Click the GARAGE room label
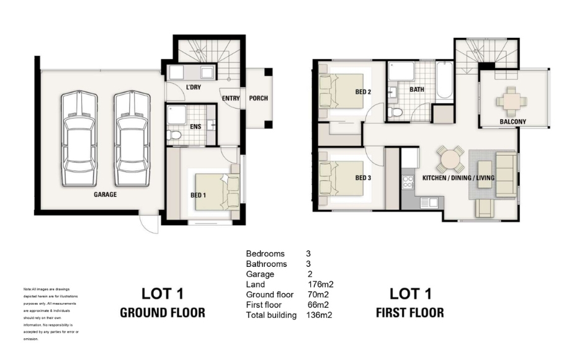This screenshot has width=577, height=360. [x=105, y=194]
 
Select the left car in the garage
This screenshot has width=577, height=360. [x=79, y=139]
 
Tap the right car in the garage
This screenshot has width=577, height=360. [x=132, y=139]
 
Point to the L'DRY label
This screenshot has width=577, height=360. [x=194, y=88]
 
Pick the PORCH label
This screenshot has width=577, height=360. [x=258, y=98]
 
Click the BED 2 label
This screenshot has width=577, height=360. [x=363, y=92]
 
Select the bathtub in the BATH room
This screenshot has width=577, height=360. [x=444, y=80]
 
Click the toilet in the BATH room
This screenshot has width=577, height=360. [x=394, y=112]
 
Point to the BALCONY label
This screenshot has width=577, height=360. [x=512, y=122]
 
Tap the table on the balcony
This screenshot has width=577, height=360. [x=511, y=100]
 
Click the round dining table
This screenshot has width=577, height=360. [x=450, y=160]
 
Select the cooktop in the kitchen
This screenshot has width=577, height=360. [x=408, y=182]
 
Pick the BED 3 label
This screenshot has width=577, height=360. [x=363, y=178]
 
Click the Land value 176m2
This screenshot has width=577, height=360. [x=321, y=284]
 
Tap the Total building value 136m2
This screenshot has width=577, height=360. [x=319, y=315]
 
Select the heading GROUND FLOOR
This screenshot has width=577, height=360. [x=163, y=312]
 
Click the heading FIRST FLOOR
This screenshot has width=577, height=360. [x=410, y=312]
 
